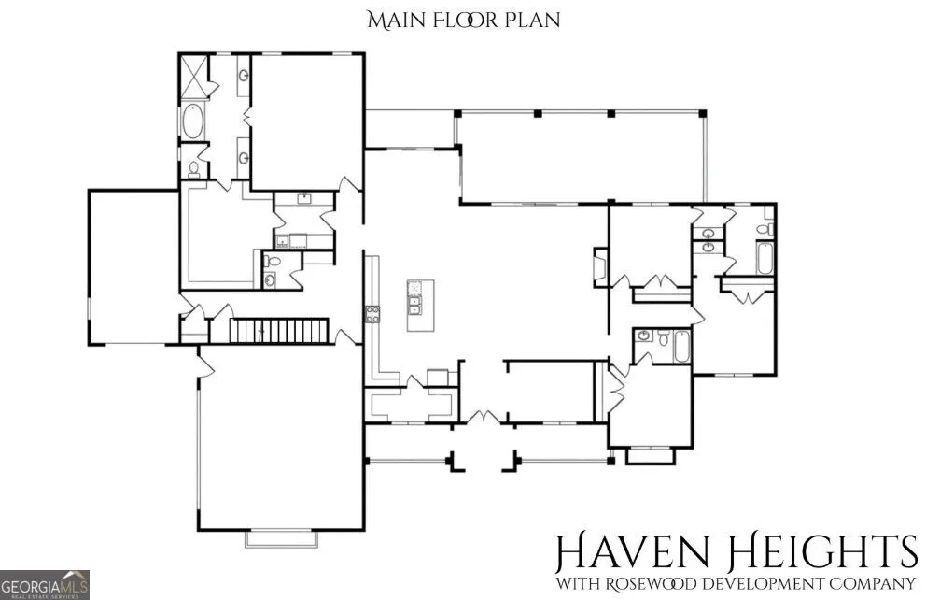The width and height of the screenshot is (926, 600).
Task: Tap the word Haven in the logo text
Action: (632, 552)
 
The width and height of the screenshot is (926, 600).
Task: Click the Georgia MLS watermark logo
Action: (44, 585)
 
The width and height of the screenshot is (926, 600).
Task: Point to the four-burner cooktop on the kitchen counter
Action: (372, 314)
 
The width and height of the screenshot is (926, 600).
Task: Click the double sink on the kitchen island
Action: (414, 305)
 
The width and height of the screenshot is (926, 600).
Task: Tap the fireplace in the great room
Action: (600, 267)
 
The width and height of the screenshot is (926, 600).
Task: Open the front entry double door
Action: (484, 417)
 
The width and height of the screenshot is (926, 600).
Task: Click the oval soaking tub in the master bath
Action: (192, 121)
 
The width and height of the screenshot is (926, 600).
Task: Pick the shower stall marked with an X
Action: (194, 76)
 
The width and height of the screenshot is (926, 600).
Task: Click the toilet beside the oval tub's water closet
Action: (194, 169)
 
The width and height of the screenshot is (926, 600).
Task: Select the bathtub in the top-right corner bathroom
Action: (765, 258)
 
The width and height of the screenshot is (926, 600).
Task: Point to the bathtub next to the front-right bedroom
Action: (681, 347)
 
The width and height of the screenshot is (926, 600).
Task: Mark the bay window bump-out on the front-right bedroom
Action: (650, 456)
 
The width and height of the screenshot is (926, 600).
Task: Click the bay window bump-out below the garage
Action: (281, 539)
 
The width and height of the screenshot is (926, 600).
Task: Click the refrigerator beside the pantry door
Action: (438, 378)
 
